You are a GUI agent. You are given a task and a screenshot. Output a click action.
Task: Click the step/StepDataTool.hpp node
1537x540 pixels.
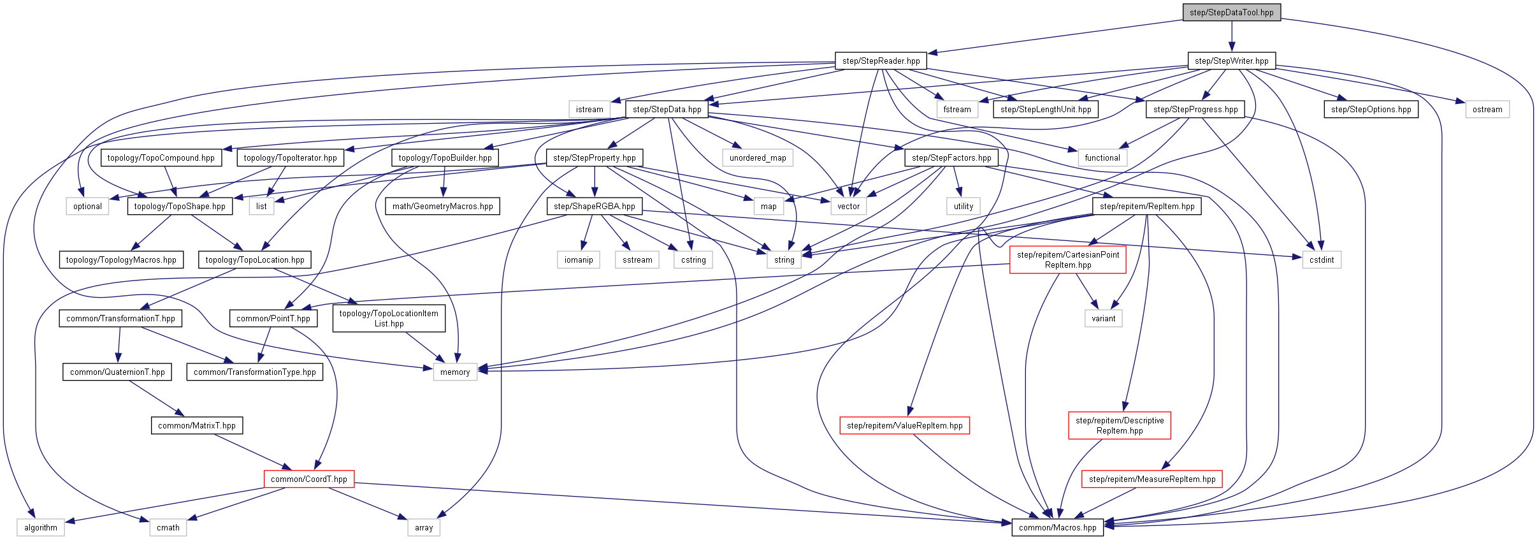[1231, 12]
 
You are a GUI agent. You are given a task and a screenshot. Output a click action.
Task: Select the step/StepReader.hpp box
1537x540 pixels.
[881, 61]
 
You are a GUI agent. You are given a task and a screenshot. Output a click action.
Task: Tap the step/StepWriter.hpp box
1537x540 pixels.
[1231, 61]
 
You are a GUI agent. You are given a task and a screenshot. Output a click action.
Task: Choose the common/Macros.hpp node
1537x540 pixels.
[1057, 527]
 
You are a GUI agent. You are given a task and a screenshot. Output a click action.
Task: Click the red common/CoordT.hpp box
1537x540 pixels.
[308, 479]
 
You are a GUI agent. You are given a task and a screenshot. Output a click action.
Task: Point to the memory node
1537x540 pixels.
[454, 372]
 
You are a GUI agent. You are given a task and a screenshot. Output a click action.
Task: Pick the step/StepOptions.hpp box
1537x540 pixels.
[1371, 109]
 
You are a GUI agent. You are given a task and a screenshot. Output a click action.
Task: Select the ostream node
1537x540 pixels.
[1487, 109]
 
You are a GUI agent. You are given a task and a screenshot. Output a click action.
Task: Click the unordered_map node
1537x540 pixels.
[757, 157]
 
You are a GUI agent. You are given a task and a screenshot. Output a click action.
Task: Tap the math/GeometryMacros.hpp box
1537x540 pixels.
[442, 206]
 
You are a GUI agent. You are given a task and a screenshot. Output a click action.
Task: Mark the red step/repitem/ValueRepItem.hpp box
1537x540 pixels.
[904, 425]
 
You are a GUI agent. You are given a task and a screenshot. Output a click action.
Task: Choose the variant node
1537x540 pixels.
[1103, 318]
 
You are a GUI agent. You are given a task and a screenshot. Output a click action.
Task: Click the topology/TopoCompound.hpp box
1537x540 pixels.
[161, 157]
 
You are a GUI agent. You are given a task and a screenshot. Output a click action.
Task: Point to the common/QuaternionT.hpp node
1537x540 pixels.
[117, 372]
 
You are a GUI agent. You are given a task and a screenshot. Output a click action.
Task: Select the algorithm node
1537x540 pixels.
[40, 527]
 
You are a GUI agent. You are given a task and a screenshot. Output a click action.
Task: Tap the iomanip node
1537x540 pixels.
[578, 259]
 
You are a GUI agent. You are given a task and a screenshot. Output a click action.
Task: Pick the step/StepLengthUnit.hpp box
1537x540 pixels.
[1045, 109]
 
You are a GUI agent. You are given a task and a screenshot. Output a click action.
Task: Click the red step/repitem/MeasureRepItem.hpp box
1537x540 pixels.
[1151, 479]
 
